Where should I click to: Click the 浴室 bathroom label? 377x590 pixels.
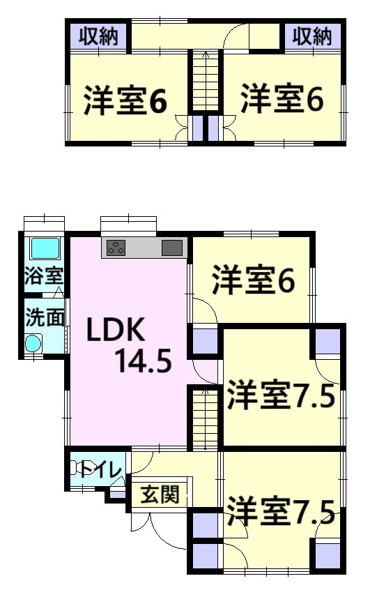point(43,275)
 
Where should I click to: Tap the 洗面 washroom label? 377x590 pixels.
point(45,317)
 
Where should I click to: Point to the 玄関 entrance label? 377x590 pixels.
point(160,494)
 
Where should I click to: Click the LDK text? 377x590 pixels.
point(116,330)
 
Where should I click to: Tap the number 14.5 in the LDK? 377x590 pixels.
point(144,361)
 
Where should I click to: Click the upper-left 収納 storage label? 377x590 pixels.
point(98,36)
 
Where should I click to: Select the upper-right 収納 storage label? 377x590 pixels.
point(312,36)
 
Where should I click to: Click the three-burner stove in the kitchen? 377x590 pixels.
point(116,248)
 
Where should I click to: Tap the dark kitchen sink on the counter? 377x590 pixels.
point(172,248)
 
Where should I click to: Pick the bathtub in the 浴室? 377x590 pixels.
point(45,248)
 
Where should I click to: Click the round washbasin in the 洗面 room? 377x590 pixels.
point(33,344)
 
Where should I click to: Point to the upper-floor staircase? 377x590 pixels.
point(206,80)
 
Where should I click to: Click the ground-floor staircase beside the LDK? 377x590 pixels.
point(206,419)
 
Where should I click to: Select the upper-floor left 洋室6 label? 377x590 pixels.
point(125,100)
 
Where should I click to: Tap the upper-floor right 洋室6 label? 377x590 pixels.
point(282,98)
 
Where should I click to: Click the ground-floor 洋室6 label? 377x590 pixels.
point(254,280)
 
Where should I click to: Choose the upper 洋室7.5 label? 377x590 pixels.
point(281,395)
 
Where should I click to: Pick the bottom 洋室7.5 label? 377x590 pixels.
point(281,510)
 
